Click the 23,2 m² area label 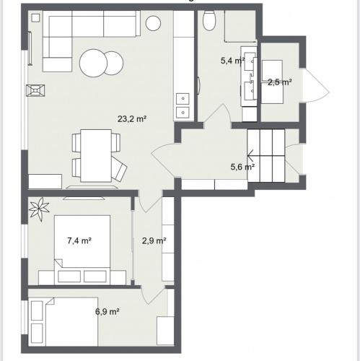click(x=132, y=119)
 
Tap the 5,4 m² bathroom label click(x=232, y=61)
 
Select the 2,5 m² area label click(x=280, y=82)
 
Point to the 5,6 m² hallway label click(x=242, y=167)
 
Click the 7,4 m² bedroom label click(x=79, y=240)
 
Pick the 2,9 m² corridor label click(x=154, y=240)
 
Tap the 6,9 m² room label click(x=107, y=312)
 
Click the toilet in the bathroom click(x=208, y=21)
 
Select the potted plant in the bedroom click(x=39, y=209)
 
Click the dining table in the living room click(x=96, y=155)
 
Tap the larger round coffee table click(x=93, y=63)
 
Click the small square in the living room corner click(x=36, y=18)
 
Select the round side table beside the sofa click(x=153, y=23)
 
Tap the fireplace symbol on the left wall click(x=35, y=91)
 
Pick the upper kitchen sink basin click(x=183, y=98)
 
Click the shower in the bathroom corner click(x=240, y=26)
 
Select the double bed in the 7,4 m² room click(x=82, y=250)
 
